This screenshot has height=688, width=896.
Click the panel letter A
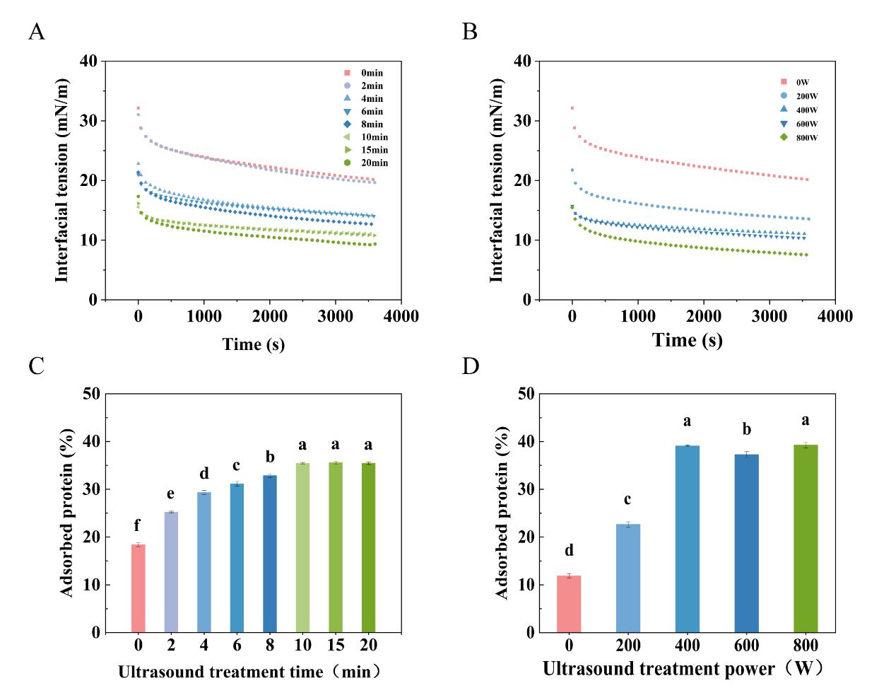tap(37, 32)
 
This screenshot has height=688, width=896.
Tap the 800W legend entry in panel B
tap(799, 138)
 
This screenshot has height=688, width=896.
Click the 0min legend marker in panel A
tap(347, 73)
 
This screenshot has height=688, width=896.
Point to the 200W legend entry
tap(799, 96)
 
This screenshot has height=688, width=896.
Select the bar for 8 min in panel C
tap(270, 554)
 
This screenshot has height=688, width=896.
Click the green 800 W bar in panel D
tap(806, 539)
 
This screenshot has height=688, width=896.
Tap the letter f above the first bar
tap(138, 525)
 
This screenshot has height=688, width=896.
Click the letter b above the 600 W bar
tap(746, 430)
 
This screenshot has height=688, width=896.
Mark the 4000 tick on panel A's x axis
tap(401, 317)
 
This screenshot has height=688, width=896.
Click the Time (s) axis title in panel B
tap(687, 340)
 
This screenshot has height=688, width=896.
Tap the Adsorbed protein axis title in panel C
tap(68, 512)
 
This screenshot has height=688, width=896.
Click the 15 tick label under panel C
tap(335, 646)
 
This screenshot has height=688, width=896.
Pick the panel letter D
tap(471, 366)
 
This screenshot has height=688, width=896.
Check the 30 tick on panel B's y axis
tap(522, 121)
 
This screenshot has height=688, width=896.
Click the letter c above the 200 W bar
tap(628, 500)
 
